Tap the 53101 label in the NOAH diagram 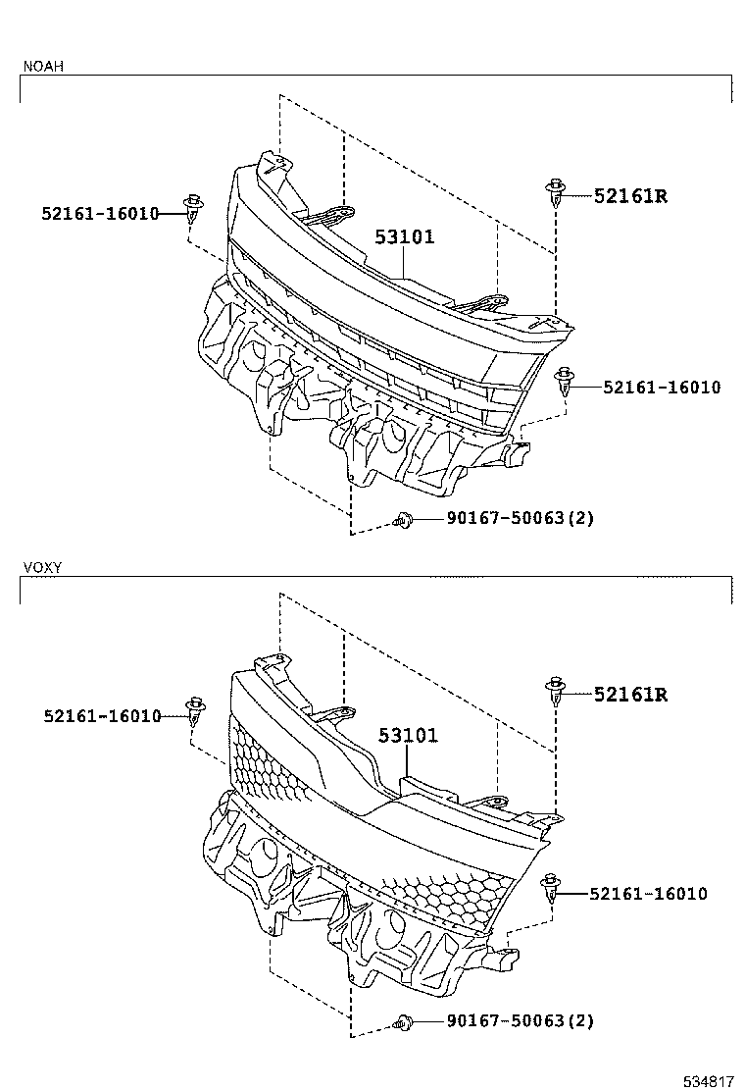(404, 237)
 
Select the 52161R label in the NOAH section (630, 196)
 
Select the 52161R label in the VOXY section (630, 695)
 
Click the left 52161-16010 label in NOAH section (100, 212)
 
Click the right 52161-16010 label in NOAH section (662, 388)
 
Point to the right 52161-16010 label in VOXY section (648, 894)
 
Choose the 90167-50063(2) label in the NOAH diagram (507, 518)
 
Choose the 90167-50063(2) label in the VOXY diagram (507, 1021)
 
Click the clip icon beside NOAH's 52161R (557, 192)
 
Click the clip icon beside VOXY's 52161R (557, 691)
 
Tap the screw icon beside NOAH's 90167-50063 (402, 520)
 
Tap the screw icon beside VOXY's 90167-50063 (402, 1023)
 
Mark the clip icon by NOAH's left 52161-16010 (193, 208)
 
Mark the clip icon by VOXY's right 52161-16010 (552, 889)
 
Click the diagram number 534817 (708, 1081)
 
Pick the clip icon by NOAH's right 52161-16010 (565, 381)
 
